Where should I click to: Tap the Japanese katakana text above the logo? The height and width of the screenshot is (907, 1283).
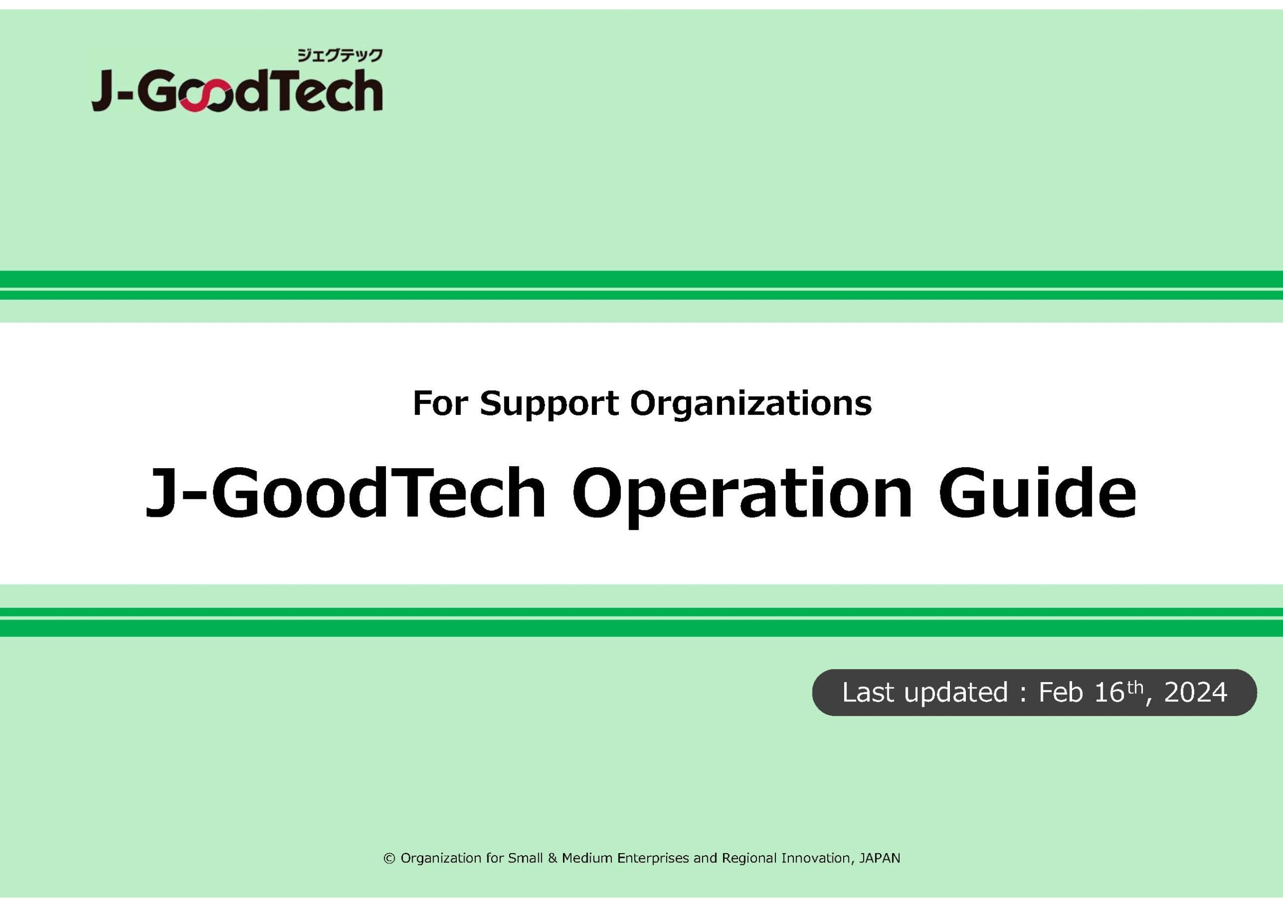pyautogui.click(x=340, y=55)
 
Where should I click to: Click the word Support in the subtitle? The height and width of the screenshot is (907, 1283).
pyautogui.click(x=549, y=404)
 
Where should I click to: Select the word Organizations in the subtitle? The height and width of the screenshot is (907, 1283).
pyautogui.click(x=751, y=404)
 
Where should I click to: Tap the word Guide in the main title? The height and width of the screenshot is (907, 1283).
pyautogui.click(x=1037, y=492)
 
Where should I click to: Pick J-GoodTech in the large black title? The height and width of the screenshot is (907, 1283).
pyautogui.click(x=345, y=492)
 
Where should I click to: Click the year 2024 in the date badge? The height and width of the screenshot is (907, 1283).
pyautogui.click(x=1196, y=692)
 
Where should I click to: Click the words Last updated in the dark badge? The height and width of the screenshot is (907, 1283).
pyautogui.click(x=925, y=693)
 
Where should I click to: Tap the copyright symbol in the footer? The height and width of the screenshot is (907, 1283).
pyautogui.click(x=390, y=858)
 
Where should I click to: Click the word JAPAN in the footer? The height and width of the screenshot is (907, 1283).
pyautogui.click(x=880, y=858)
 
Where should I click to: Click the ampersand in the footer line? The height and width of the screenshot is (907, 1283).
pyautogui.click(x=553, y=858)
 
